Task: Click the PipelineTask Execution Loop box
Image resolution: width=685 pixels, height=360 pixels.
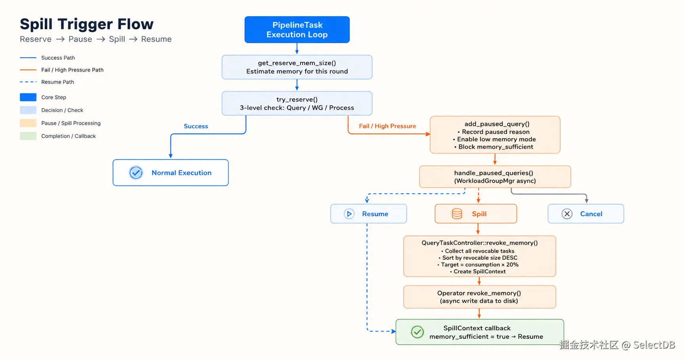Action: coord(297,30)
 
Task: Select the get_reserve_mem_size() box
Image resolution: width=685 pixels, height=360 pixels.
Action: coord(297,67)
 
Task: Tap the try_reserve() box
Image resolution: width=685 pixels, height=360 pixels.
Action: coord(297,103)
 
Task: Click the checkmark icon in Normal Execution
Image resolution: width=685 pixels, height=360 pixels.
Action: coord(136,173)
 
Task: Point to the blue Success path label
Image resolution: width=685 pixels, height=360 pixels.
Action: coord(196,126)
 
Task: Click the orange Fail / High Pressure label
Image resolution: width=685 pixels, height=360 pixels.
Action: coord(387,126)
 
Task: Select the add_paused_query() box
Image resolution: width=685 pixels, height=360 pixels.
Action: coord(495,135)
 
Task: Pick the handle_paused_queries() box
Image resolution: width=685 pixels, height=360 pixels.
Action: coord(495,177)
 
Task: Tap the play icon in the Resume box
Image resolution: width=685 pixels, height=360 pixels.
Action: coord(349,214)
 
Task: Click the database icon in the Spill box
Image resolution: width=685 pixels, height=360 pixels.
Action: coord(457,214)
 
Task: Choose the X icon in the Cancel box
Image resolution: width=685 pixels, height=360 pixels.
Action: coord(567,214)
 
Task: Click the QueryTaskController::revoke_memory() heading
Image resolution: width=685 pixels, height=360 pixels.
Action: coord(479,243)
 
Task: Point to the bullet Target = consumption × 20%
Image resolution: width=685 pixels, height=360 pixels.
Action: coord(478,265)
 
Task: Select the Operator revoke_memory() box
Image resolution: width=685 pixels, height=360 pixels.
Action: coord(479,297)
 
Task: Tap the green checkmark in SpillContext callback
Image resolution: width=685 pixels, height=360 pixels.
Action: coord(417,332)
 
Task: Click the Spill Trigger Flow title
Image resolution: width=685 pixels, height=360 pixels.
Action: coord(87,24)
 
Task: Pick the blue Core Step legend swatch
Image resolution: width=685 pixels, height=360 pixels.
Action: coord(28,97)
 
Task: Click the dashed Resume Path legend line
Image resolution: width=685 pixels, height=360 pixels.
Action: coord(28,82)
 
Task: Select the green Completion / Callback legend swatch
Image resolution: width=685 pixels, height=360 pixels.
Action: coord(28,136)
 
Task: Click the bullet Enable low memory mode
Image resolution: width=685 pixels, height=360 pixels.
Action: coord(495,139)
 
